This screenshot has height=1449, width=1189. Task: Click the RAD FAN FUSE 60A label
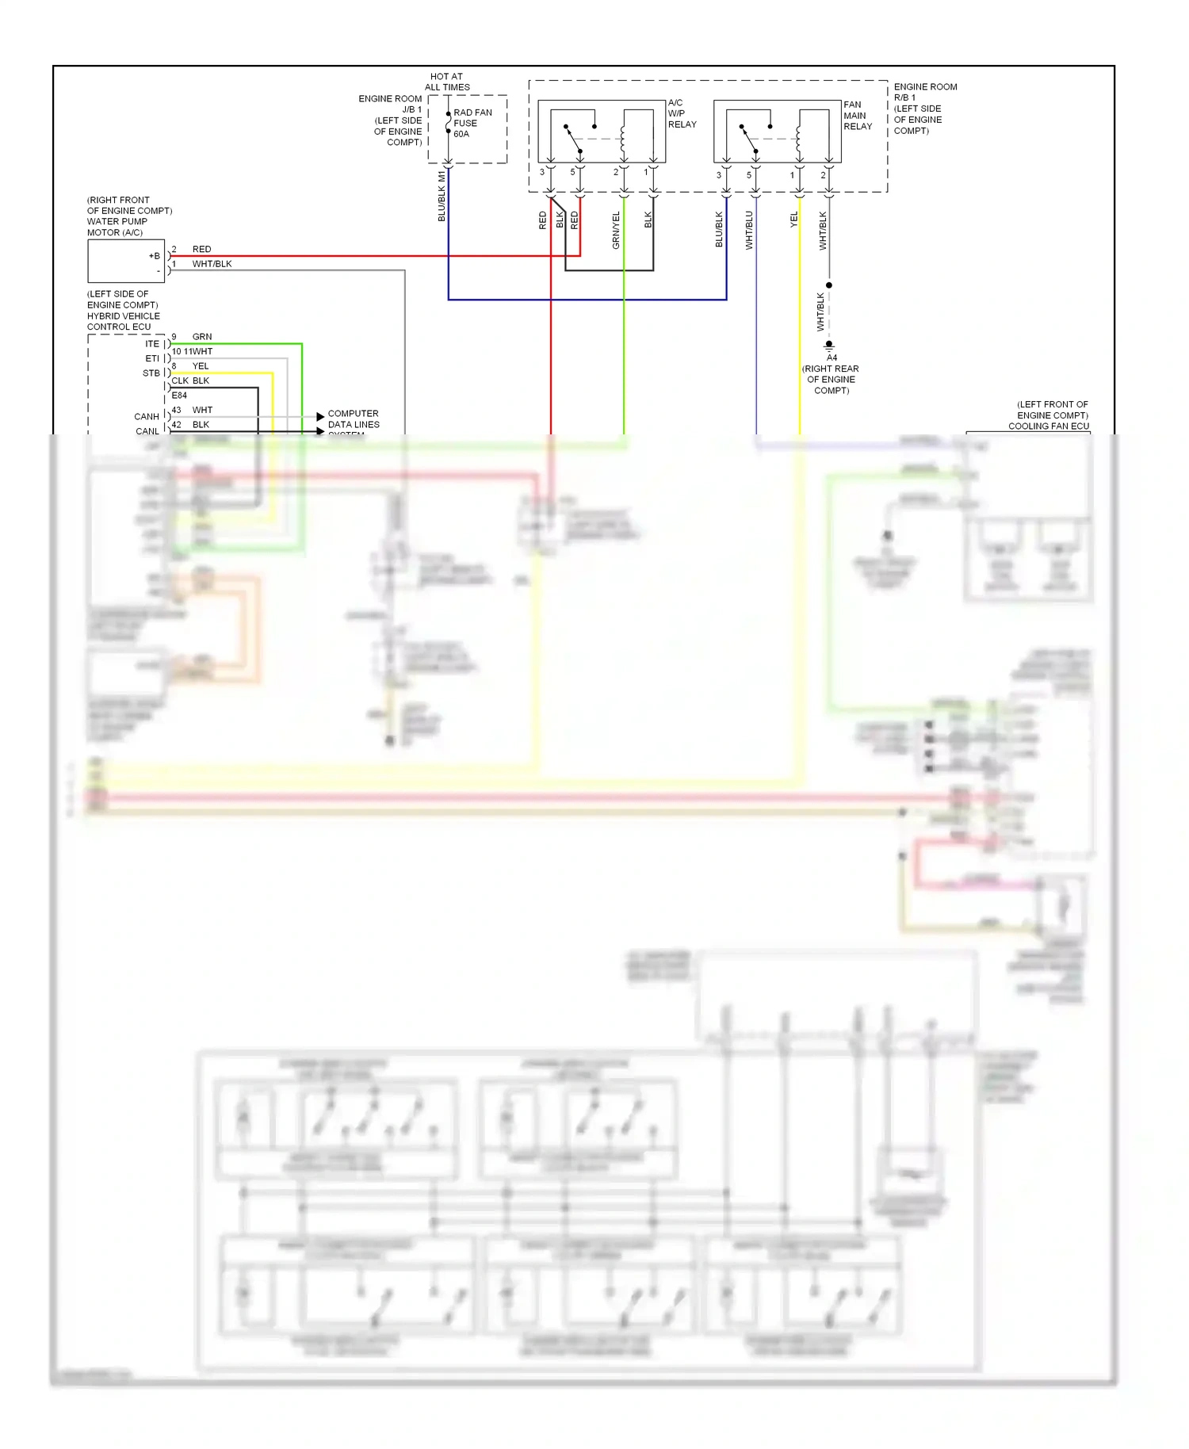click(x=472, y=124)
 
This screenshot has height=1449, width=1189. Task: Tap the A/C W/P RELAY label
click(x=681, y=113)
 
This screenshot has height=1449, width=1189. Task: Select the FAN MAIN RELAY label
click(x=857, y=116)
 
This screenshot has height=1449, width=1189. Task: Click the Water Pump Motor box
click(x=125, y=261)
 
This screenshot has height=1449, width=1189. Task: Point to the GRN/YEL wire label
click(x=616, y=231)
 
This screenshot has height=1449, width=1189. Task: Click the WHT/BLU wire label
click(x=749, y=231)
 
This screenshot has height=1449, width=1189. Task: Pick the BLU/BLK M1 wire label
click(x=442, y=197)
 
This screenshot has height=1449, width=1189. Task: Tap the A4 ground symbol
click(x=829, y=346)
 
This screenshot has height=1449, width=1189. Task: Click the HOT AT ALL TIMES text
click(x=447, y=82)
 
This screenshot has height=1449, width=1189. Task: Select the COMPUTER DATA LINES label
click(x=354, y=419)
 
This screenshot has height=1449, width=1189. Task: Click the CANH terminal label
click(x=147, y=416)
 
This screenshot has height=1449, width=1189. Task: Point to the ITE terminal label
click(x=152, y=344)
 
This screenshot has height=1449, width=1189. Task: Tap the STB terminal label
click(x=151, y=373)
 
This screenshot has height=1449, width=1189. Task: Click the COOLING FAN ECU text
click(x=1048, y=426)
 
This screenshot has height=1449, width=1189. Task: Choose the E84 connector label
click(x=179, y=395)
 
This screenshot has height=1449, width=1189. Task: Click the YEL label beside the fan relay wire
click(x=794, y=220)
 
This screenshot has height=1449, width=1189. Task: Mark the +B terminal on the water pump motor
click(x=155, y=256)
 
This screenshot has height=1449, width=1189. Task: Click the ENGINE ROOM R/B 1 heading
click(x=924, y=92)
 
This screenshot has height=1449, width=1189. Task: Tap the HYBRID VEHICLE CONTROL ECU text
click(x=123, y=321)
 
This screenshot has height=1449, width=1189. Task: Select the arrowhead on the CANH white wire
click(x=320, y=416)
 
